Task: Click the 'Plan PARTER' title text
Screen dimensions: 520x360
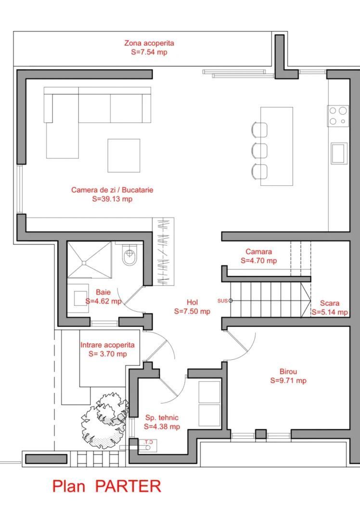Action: coord(106,486)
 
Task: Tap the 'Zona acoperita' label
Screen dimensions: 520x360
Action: coord(149,43)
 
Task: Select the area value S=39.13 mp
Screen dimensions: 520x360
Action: coord(112,198)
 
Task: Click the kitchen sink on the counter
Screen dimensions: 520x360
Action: coord(339,153)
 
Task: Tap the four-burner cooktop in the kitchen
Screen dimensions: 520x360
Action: coord(338,116)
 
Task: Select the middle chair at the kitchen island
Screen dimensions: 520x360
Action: coord(259,150)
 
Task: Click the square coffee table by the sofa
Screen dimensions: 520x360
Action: coord(124,155)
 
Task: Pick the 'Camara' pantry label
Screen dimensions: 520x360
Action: coord(258,251)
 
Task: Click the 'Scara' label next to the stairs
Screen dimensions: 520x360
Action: coord(330,303)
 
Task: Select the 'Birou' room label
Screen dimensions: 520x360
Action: coord(288,371)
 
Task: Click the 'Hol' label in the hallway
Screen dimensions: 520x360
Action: coord(192,302)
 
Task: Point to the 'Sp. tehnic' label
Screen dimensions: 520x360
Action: coord(162,417)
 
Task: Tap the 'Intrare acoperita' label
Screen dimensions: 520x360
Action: coord(107,345)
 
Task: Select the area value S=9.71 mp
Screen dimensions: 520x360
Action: coord(288,380)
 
